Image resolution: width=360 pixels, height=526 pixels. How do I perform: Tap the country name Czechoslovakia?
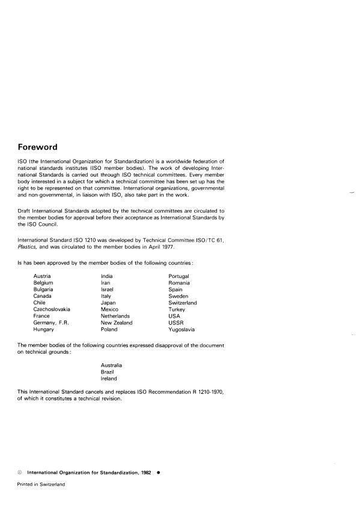coord(52,309)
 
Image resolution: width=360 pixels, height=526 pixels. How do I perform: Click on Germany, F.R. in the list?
coord(52,322)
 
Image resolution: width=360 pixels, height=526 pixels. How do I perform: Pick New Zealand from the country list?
coord(117,322)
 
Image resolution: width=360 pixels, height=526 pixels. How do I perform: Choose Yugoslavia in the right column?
coord(182,329)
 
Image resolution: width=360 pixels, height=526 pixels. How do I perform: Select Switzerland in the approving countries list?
coord(183,303)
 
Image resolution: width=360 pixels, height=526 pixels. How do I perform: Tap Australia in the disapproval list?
coord(112,365)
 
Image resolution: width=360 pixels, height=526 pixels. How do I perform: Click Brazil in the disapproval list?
coord(108,372)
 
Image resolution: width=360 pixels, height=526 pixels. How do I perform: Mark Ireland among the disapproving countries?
coord(109,378)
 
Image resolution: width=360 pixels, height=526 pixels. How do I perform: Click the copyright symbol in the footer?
coord(20,472)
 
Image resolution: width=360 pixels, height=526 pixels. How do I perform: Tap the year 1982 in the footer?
coord(142,472)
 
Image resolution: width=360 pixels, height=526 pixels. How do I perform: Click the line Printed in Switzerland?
coord(41,483)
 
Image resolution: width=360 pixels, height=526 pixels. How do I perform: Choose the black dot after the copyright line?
coord(157,472)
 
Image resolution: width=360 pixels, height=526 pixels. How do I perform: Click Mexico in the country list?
coord(110,309)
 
